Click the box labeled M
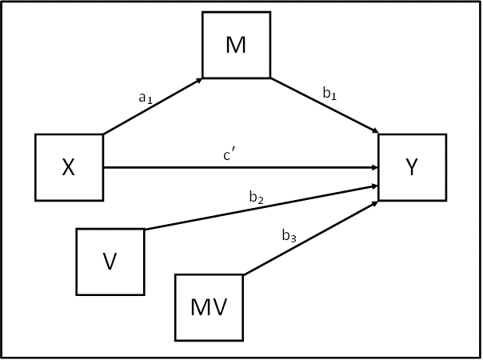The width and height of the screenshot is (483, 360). [236, 45]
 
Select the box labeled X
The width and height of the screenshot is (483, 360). [70, 166]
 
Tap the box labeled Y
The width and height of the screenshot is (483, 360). [412, 166]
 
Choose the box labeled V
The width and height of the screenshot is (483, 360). [110, 262]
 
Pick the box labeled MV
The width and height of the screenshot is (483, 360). [210, 306]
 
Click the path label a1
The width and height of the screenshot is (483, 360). [146, 98]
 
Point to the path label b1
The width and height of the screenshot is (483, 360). [329, 93]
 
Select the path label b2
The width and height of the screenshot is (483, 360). [256, 197]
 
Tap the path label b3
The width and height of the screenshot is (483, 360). [289, 236]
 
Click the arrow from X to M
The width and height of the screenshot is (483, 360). [152, 106]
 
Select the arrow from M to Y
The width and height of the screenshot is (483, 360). [324, 106]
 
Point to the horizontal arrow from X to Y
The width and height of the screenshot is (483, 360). [240, 167]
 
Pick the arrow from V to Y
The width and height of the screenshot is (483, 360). [260, 207]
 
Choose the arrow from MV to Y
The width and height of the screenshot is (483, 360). [310, 238]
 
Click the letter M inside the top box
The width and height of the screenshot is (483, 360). [236, 45]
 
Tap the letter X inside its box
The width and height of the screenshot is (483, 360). [69, 167]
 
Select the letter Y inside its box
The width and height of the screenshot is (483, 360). [412, 166]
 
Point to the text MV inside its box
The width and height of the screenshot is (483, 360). [210, 307]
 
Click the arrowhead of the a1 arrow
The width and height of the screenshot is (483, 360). [198, 79]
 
